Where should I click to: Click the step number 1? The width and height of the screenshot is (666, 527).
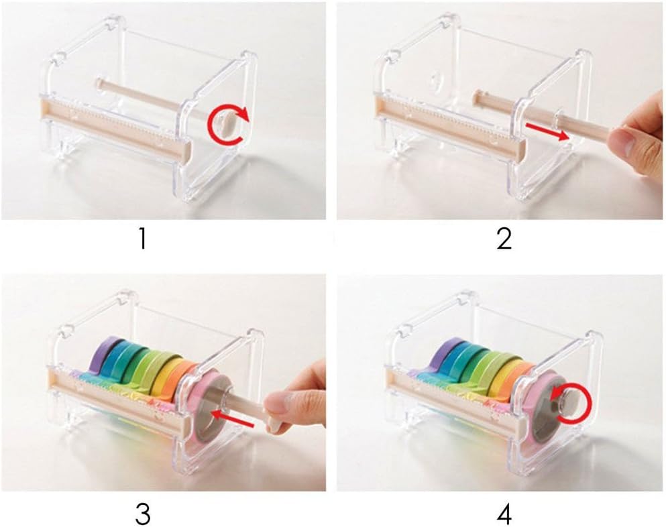(x=143, y=239)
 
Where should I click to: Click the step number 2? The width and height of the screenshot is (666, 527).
(x=504, y=239)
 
